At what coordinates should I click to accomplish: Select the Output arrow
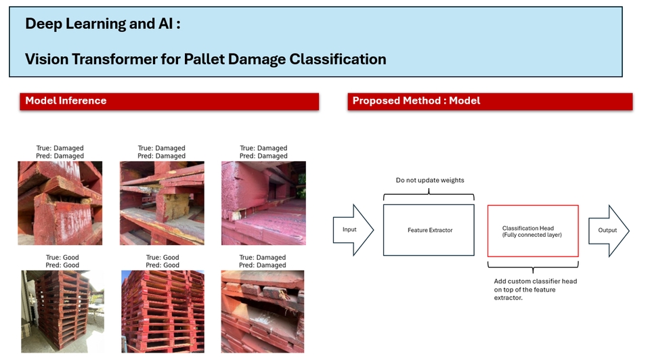pyautogui.click(x=609, y=230)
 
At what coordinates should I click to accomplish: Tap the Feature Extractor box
pyautogui.click(x=429, y=230)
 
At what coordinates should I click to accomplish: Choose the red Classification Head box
pyautogui.click(x=533, y=231)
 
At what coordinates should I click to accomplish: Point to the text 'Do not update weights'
pyautogui.click(x=430, y=180)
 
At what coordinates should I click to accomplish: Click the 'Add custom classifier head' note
pyautogui.click(x=535, y=289)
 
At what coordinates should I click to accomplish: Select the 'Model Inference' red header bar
pyautogui.click(x=169, y=102)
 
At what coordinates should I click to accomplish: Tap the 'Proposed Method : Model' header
pyautogui.click(x=490, y=102)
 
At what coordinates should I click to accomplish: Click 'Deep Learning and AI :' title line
pyautogui.click(x=103, y=24)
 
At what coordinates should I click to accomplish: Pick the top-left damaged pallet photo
pyautogui.click(x=60, y=203)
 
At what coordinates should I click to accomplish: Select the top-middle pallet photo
pyautogui.click(x=162, y=203)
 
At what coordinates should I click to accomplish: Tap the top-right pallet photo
pyautogui.click(x=263, y=203)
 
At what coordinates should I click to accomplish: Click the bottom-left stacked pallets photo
pyautogui.click(x=62, y=311)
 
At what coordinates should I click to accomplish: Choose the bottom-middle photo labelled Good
pyautogui.click(x=162, y=311)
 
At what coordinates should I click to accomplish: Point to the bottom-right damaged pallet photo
pyautogui.click(x=263, y=311)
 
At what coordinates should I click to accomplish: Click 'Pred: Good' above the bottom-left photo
pyautogui.click(x=62, y=265)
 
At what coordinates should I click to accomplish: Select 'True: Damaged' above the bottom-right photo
pyautogui.click(x=263, y=257)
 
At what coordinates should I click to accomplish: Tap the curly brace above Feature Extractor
pyautogui.click(x=429, y=194)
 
